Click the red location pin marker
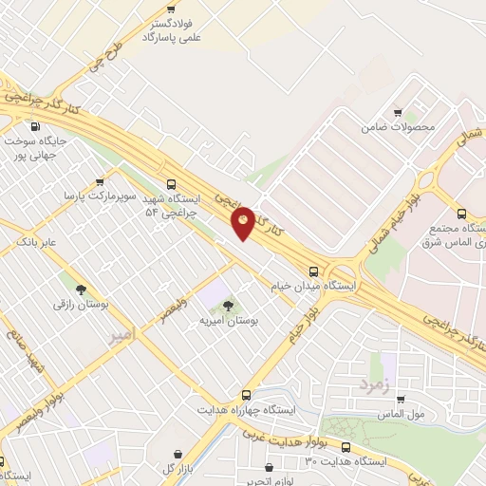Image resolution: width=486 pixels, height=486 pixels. point(243,222)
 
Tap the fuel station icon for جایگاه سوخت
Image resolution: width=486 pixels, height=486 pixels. point(35,127)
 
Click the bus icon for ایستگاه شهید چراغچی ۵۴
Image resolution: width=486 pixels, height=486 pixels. point(170,185)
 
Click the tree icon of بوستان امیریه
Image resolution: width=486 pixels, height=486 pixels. point(227,305)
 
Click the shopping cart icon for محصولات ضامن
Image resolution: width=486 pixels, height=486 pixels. point(398,111)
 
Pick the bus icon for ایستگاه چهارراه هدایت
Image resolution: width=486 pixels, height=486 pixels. point(246,394)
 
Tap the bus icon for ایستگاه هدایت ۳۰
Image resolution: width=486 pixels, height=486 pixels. point(345,445)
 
